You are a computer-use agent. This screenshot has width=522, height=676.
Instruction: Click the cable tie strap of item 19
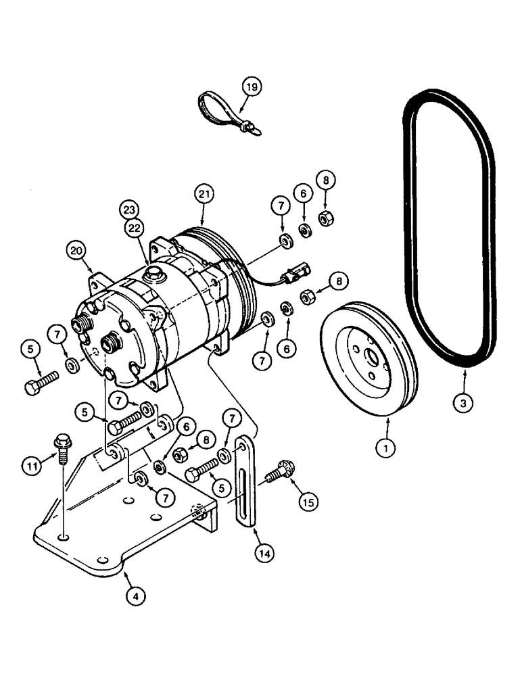coord(217,110)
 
